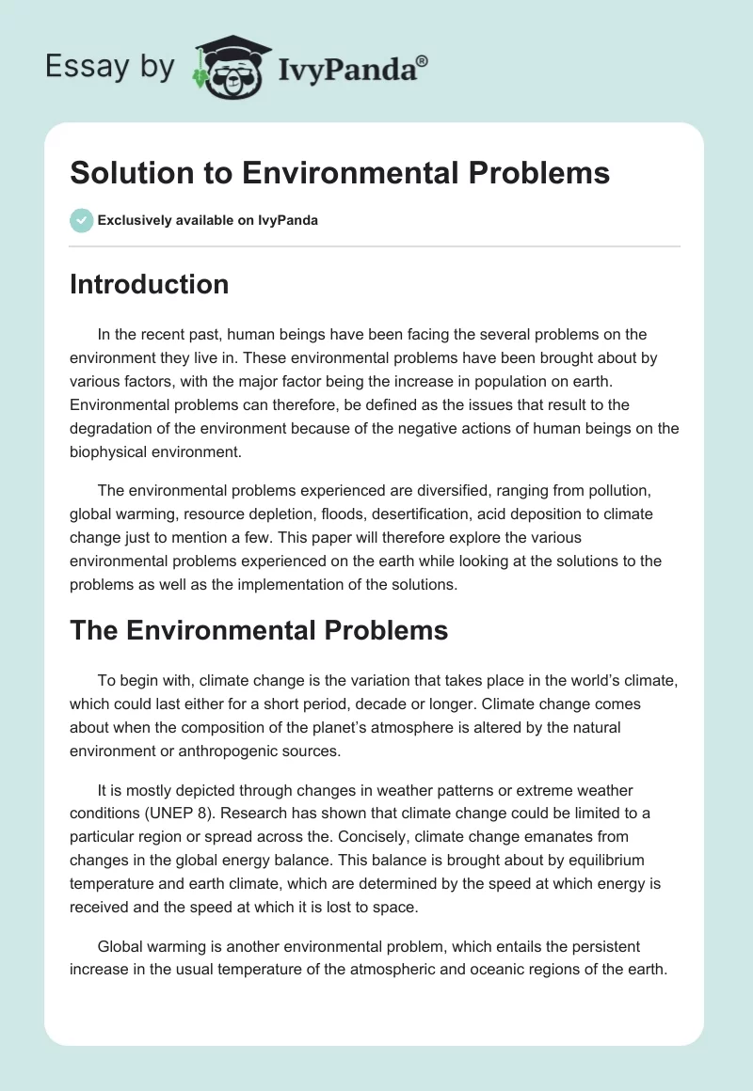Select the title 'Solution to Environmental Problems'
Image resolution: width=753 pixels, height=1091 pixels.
click(x=340, y=173)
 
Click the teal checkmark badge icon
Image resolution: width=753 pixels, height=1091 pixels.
click(x=81, y=220)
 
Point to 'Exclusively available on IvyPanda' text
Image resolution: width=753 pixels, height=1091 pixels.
click(x=207, y=221)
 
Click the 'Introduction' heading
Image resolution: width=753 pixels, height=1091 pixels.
click(x=149, y=284)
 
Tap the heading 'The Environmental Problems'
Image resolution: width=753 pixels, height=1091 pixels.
click(x=259, y=630)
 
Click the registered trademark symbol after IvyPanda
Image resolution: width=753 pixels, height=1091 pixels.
click(x=423, y=59)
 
